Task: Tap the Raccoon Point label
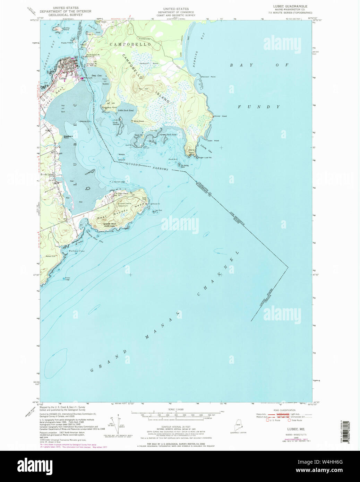pyautogui.click(x=208, y=77)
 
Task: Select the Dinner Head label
pyautogui.click(x=221, y=116)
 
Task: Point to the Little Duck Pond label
pyautogui.click(x=126, y=110)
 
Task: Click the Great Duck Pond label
pyautogui.click(x=168, y=135)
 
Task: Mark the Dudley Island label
pyautogui.click(x=66, y=29)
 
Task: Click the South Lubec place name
pyautogui.click(x=46, y=174)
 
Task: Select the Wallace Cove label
pyautogui.click(x=76, y=251)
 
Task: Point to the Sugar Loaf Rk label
pyautogui.click(x=205, y=157)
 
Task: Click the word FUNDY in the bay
pyautogui.click(x=259, y=107)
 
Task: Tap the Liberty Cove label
pyautogui.click(x=206, y=149)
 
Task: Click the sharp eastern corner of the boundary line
pyautogui.click(x=288, y=267)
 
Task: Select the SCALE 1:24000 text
pyautogui.click(x=176, y=410)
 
